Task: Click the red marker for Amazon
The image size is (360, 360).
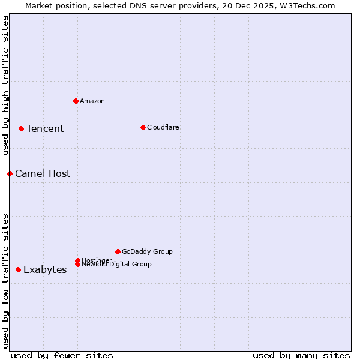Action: click(x=76, y=101)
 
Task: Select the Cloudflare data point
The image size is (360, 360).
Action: click(x=143, y=127)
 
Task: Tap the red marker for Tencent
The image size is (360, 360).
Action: click(x=21, y=128)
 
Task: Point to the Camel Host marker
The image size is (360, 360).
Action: click(x=10, y=173)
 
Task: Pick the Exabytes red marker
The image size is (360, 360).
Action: click(x=18, y=269)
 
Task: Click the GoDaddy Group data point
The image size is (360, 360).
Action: click(x=118, y=251)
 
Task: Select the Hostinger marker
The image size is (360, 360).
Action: click(x=77, y=260)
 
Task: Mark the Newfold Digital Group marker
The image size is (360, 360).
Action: click(x=77, y=265)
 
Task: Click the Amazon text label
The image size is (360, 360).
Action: click(x=92, y=101)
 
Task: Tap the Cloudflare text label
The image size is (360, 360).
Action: click(x=163, y=127)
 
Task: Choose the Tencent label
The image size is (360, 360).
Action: click(x=45, y=128)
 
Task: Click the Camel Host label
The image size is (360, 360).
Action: click(x=43, y=173)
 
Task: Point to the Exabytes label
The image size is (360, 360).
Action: click(x=45, y=269)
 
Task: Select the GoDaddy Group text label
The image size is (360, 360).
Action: click(x=147, y=251)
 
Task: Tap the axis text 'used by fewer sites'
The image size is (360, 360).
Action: click(x=62, y=355)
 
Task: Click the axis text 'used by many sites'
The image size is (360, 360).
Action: click(x=301, y=355)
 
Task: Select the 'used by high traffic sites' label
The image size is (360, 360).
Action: click(x=5, y=85)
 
